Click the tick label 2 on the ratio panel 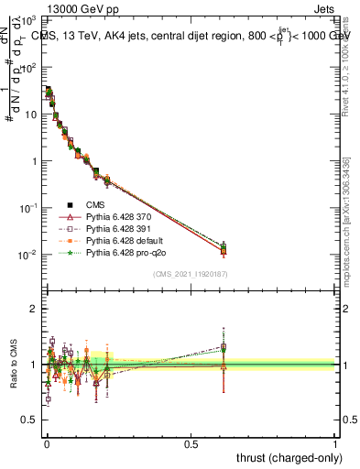[35, 309]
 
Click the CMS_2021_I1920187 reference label [191, 274]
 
